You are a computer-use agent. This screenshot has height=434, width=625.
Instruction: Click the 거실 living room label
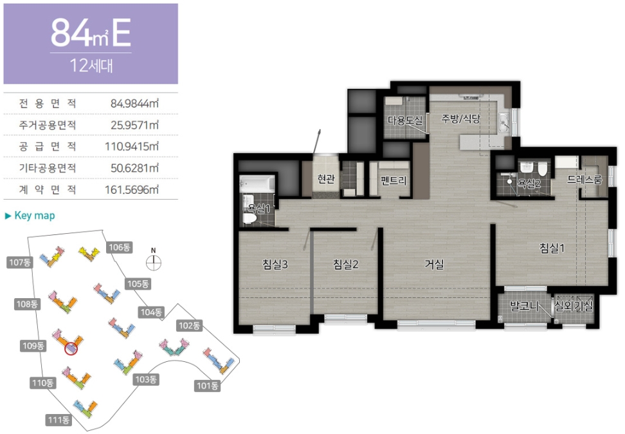pos(434,264)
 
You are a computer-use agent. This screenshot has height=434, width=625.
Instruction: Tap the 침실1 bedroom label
pos(552,248)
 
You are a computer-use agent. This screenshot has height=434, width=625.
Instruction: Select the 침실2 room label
pos(345,264)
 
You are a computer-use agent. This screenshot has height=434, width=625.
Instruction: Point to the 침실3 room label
pos(275,264)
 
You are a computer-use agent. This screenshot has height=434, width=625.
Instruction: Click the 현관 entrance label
pos(326,178)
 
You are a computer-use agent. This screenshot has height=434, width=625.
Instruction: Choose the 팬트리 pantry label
pos(394,180)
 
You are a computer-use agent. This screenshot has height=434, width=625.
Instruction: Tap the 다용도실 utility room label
pos(405,120)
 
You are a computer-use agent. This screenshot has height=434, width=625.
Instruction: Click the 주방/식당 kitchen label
pos(461,118)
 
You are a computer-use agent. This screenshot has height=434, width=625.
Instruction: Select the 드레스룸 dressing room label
pos(584,180)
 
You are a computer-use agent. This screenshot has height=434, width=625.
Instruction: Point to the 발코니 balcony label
pos(525,307)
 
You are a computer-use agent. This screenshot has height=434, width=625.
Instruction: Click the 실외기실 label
pos(574,307)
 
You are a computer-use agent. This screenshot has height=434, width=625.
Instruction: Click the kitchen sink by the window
pos(504,122)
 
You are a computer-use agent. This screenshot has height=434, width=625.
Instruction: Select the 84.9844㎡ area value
pos(135,104)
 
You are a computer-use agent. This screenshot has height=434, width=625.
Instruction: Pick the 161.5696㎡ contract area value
pos(132,190)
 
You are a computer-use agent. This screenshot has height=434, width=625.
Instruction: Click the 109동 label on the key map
pos(33,346)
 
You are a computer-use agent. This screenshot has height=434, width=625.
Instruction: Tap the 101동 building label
pos(207,386)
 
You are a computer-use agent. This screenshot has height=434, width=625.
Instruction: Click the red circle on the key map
pos(71,348)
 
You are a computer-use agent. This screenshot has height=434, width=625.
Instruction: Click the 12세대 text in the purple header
pos(91,66)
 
